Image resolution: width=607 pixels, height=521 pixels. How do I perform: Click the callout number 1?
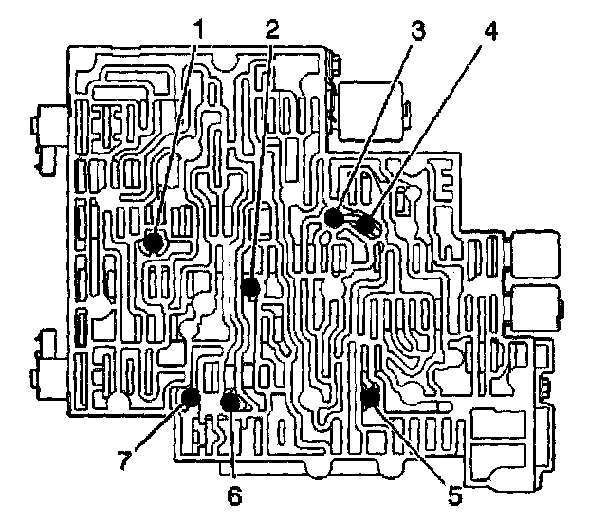[198, 29]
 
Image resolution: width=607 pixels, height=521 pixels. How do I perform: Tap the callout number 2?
[272, 29]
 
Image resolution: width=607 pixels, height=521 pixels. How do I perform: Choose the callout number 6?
[234, 494]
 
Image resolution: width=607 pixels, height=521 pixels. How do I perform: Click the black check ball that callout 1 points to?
[153, 244]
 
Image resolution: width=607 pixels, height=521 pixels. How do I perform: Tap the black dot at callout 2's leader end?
[250, 287]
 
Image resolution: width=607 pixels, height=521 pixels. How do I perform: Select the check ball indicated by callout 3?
[333, 218]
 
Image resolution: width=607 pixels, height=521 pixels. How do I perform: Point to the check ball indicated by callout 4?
[367, 227]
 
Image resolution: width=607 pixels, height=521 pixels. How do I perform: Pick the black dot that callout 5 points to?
[370, 396]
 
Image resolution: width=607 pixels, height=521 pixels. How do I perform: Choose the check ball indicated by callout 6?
[229, 402]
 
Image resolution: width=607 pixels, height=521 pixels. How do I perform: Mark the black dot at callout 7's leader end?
[191, 397]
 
